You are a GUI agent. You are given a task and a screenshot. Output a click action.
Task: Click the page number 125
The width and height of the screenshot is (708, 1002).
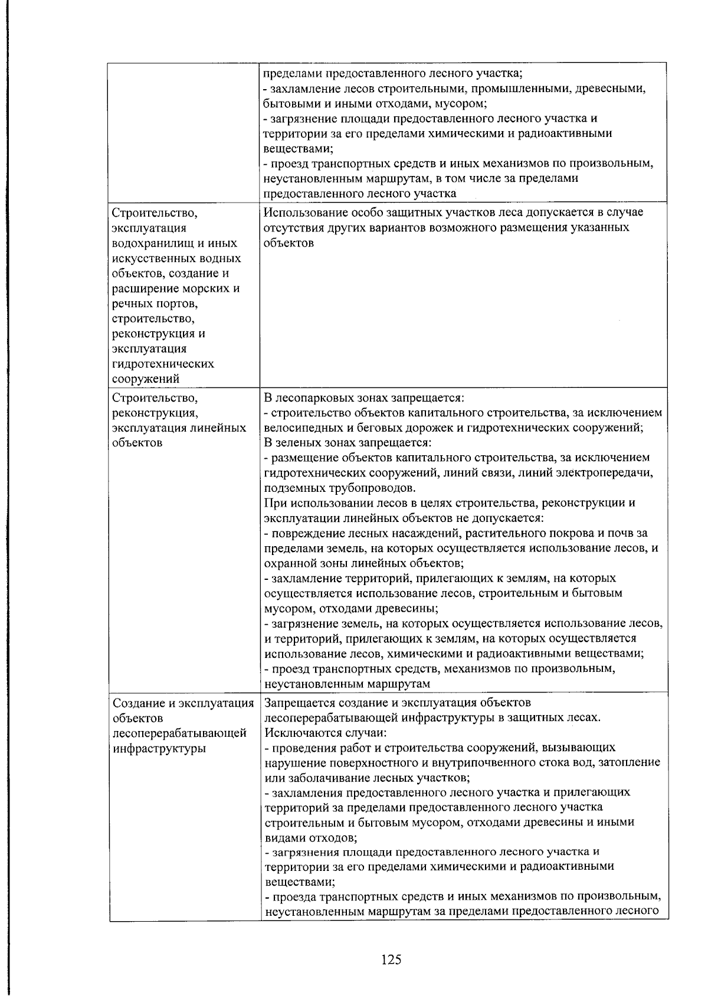point(391,959)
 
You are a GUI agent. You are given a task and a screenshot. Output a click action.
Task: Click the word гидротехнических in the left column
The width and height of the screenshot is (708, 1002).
point(162,364)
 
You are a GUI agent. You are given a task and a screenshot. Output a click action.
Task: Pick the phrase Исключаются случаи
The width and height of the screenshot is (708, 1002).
point(326,733)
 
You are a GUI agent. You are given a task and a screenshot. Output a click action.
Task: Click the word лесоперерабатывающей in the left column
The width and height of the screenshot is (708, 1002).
point(179,733)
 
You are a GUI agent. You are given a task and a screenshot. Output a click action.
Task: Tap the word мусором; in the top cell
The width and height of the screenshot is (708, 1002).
point(460,104)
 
